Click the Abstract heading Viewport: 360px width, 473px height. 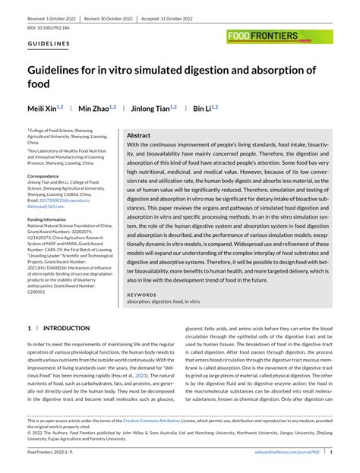(x=138, y=133)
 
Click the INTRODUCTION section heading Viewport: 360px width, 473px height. (x=63, y=328)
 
